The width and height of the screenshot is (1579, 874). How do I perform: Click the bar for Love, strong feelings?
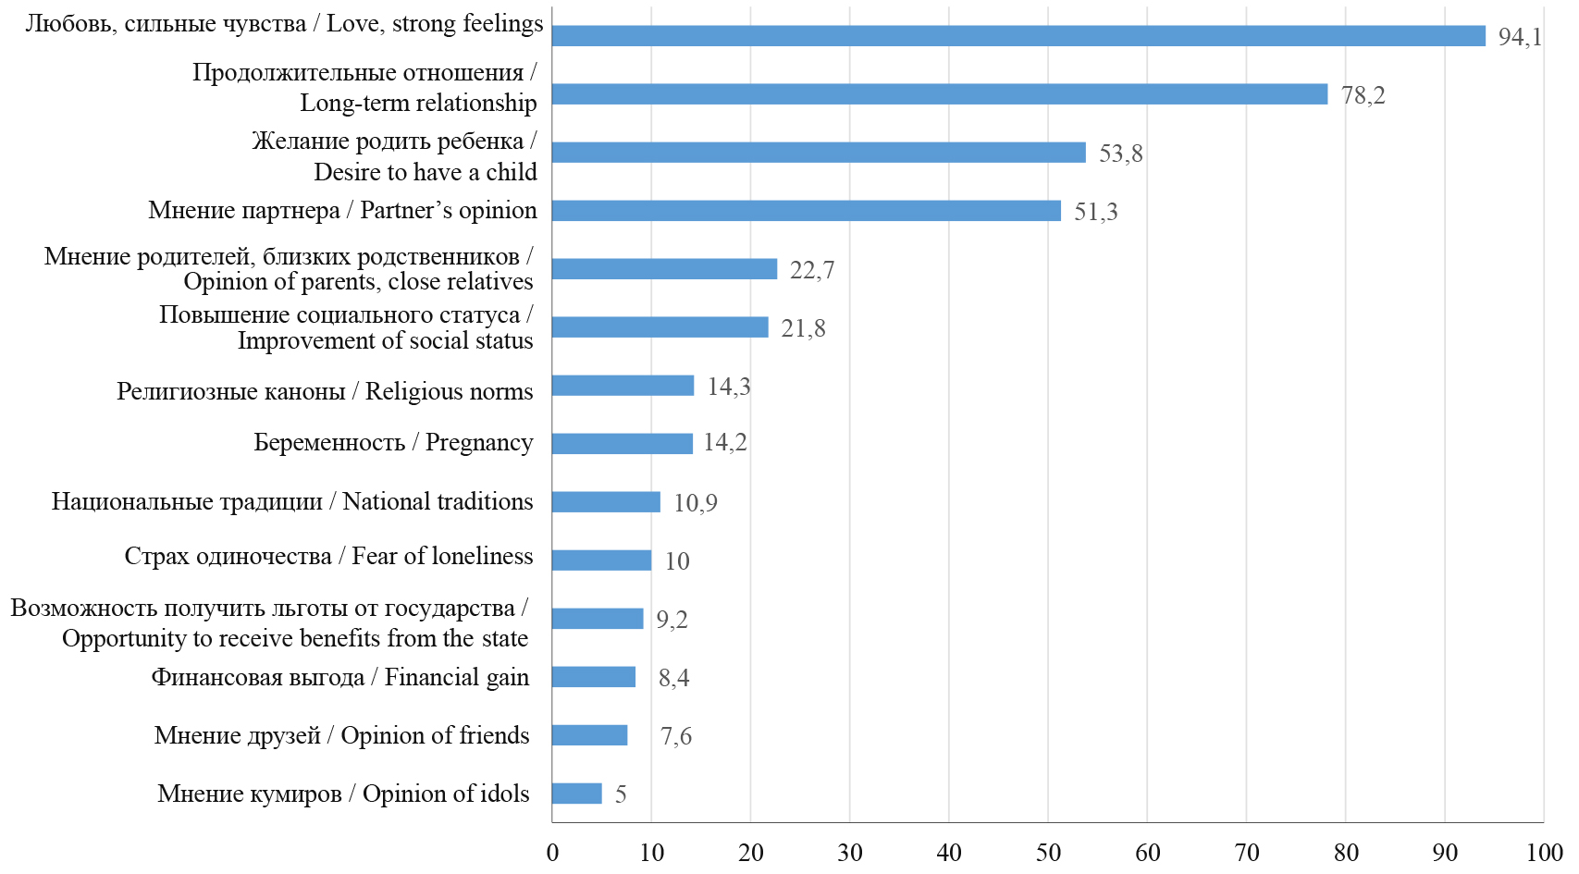(x=1018, y=36)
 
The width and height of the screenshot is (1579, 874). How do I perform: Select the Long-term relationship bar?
(x=939, y=94)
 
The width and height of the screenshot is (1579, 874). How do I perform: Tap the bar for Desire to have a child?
(x=819, y=153)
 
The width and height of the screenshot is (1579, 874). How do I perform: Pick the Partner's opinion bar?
(x=806, y=211)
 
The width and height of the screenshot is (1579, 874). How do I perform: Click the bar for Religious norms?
(x=623, y=386)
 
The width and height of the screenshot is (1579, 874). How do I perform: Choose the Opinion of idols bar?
(x=576, y=794)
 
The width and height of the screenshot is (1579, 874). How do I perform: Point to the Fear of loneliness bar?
(x=601, y=560)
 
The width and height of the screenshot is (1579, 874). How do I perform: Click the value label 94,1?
(x=1520, y=37)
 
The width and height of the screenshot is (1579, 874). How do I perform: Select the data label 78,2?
(x=1363, y=95)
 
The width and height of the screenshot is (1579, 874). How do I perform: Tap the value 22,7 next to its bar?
(x=811, y=270)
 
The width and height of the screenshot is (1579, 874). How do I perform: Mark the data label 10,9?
(x=695, y=503)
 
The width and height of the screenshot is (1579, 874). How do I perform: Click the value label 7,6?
(x=675, y=736)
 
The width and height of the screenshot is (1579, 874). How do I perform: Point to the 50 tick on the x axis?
(x=1048, y=852)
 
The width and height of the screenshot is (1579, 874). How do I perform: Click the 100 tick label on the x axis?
(x=1544, y=852)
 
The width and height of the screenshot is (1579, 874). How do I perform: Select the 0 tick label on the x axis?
(x=552, y=852)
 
